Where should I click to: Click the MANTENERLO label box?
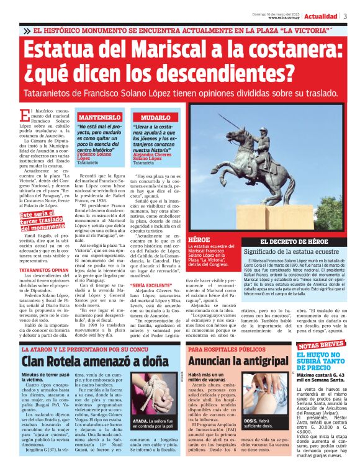99,117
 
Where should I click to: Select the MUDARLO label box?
153,117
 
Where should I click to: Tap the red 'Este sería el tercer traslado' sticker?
45,220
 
